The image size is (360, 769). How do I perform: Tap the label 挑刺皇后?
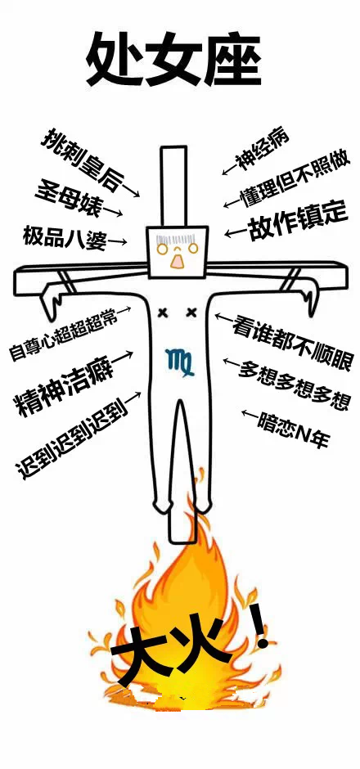tap(80, 159)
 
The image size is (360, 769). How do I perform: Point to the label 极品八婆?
tap(64, 238)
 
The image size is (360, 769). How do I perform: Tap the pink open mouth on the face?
tap(177, 261)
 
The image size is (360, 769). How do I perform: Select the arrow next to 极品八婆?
tap(118, 241)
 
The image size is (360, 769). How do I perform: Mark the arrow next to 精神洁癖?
tap(124, 357)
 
